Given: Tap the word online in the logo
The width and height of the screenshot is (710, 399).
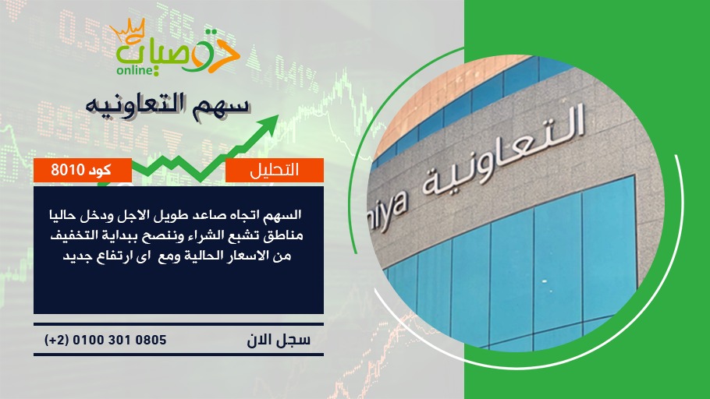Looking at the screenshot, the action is point(135,70).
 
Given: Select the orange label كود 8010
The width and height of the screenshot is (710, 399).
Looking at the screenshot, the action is point(83,170).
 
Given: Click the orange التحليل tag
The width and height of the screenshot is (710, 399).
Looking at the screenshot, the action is point(275,170).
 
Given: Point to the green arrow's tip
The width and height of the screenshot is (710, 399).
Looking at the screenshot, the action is point(277,115).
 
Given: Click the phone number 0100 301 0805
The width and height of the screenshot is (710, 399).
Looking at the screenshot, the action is point(119,341).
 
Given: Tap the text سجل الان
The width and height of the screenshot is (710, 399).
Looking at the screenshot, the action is point(279,341).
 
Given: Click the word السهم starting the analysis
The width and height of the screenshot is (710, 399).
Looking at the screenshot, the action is point(283,214).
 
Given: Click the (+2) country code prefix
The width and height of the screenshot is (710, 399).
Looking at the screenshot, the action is point(56,341).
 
